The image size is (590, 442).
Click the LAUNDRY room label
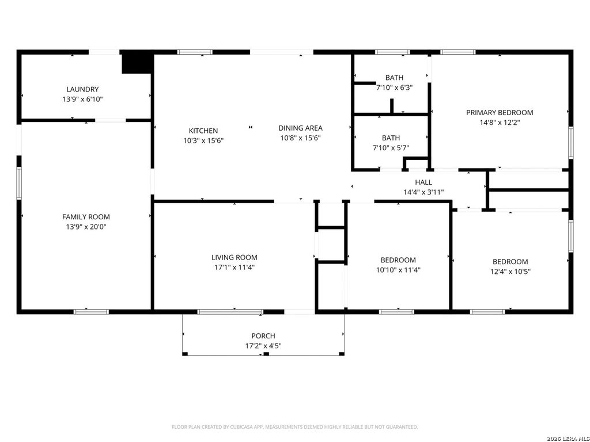click(x=82, y=89)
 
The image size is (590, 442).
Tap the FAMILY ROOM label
click(x=86, y=217)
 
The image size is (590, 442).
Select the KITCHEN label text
click(x=203, y=131)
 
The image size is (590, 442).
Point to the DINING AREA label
click(x=300, y=128)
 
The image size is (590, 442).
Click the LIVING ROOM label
click(x=234, y=257)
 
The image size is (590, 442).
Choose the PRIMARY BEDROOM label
click(x=500, y=112)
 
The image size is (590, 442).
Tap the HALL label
click(x=423, y=182)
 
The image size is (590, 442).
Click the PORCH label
click(x=263, y=336)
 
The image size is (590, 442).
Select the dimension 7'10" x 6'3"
click(x=395, y=88)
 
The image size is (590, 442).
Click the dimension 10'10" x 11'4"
click(x=398, y=270)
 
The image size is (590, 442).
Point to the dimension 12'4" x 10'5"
click(x=510, y=271)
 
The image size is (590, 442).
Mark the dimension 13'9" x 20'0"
click(x=86, y=227)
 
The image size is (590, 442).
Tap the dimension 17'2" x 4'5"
click(x=263, y=346)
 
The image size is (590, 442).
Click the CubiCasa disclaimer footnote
click(x=295, y=427)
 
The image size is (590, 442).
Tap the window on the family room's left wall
click(x=18, y=183)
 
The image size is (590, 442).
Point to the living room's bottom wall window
click(x=230, y=312)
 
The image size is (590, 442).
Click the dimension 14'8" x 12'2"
click(x=500, y=122)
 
